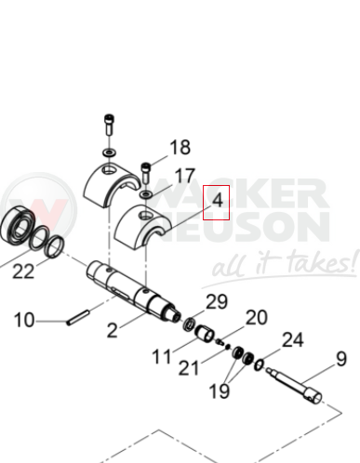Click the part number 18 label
(180, 147)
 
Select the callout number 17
(185, 176)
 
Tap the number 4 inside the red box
(218, 200)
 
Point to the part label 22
(23, 271)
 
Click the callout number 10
(24, 320)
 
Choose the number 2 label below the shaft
(113, 330)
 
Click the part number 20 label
(257, 317)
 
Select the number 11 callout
(162, 356)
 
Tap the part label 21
(189, 368)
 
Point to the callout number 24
(293, 339)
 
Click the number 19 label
(220, 390)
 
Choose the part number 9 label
(341, 359)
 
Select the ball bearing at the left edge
(17, 224)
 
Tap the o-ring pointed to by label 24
(259, 364)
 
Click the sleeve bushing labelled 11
(205, 333)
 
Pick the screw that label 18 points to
(146, 173)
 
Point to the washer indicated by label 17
(146, 194)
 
